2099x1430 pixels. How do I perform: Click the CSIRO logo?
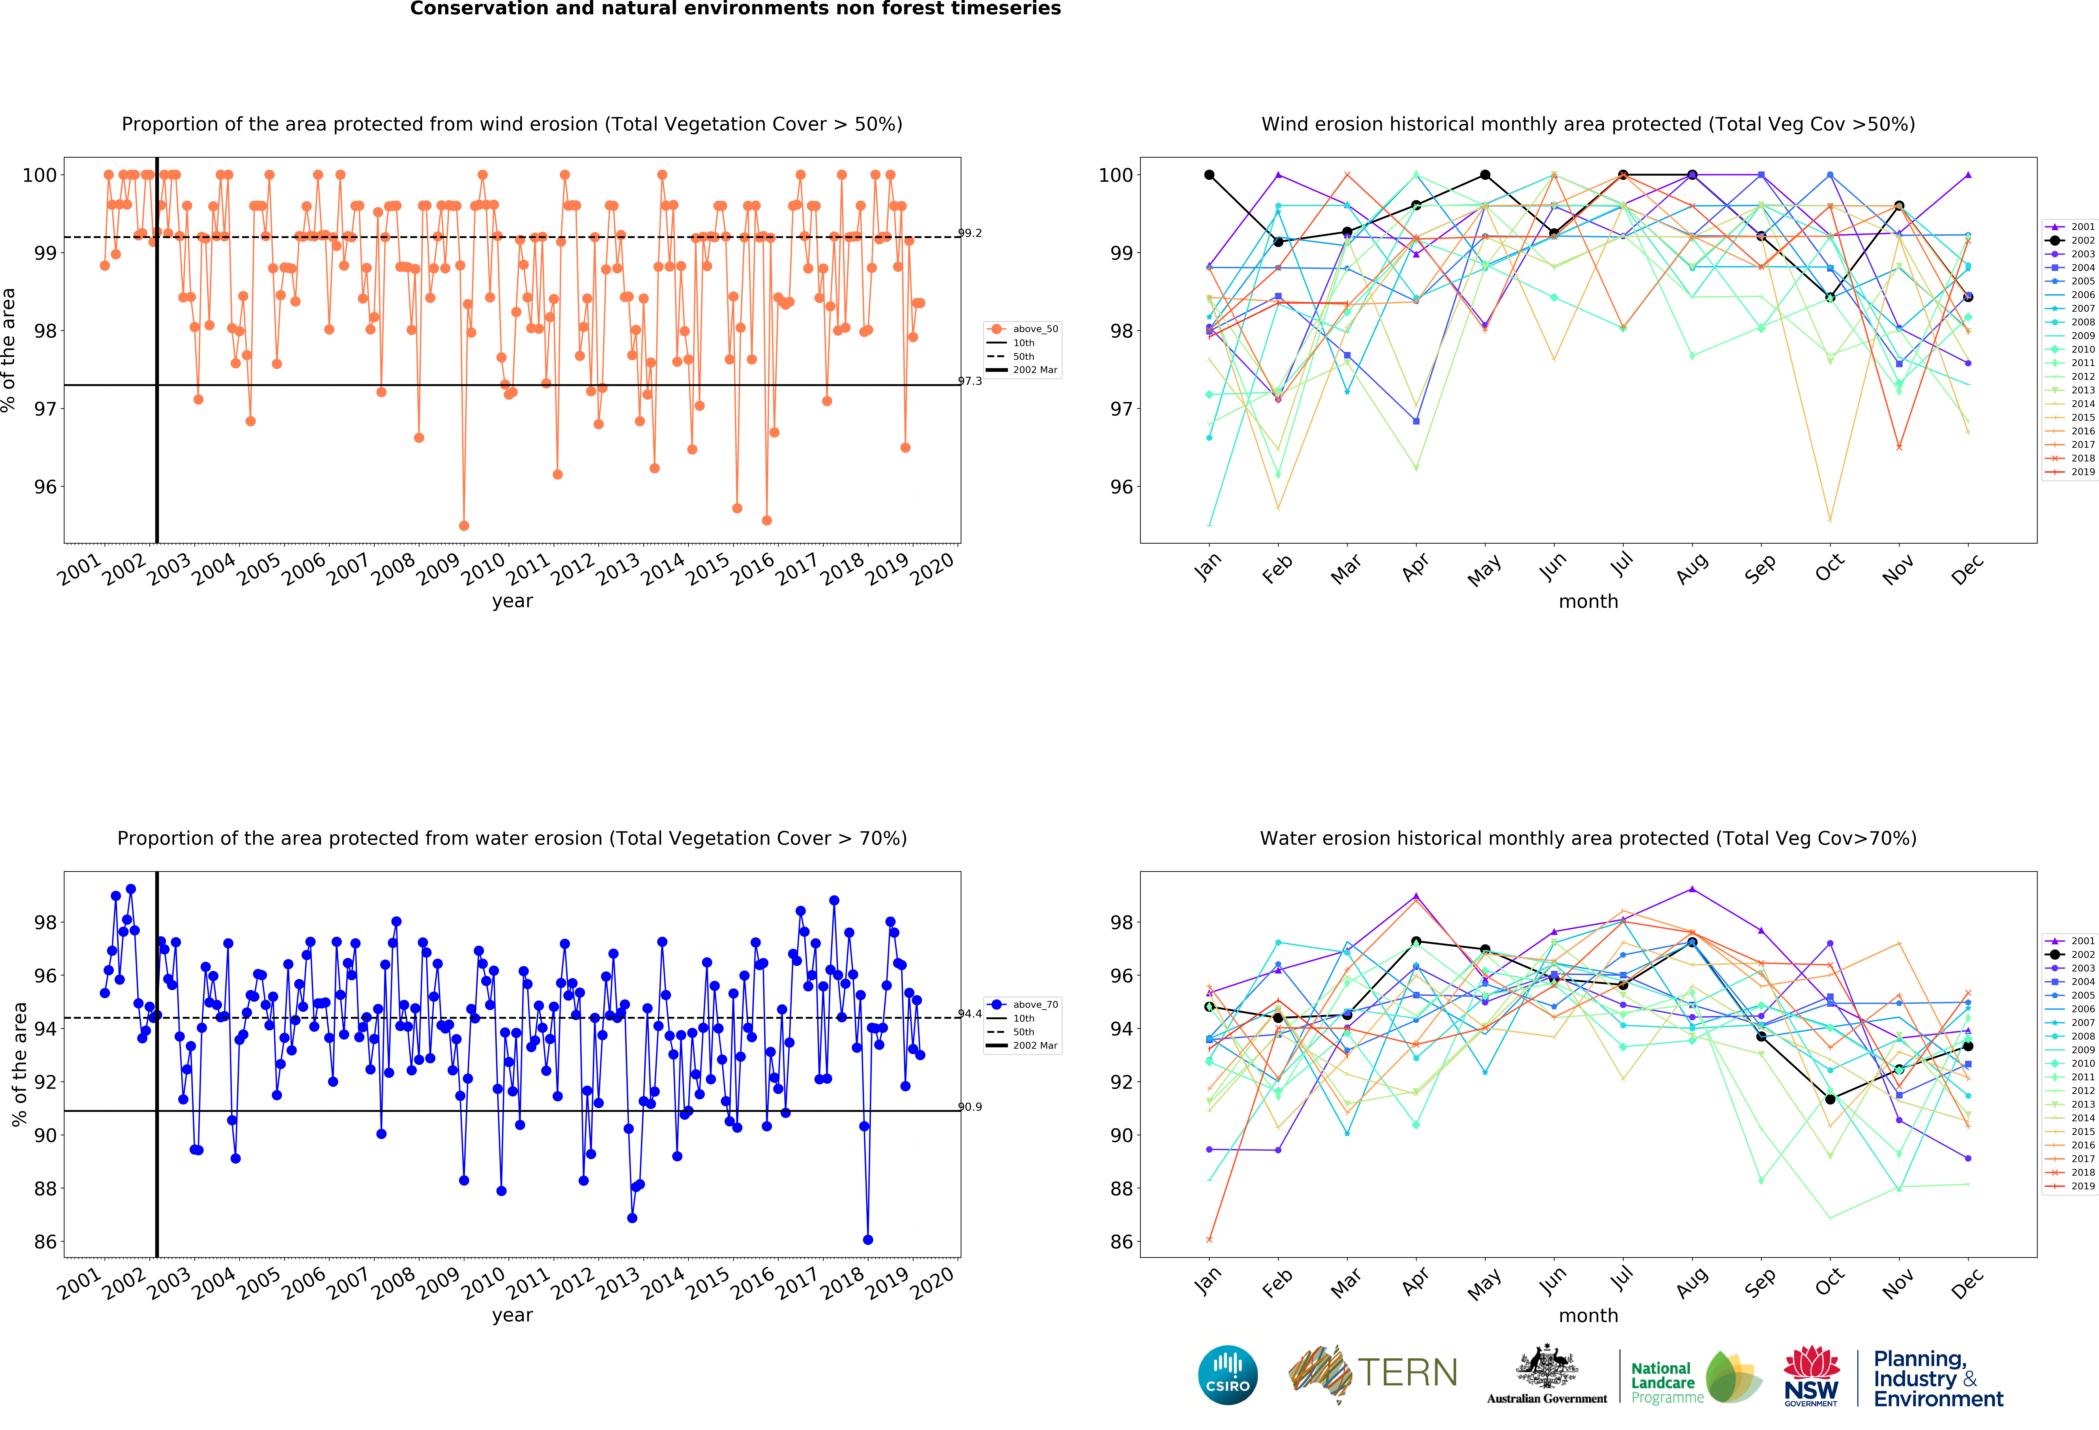pos(1227,1375)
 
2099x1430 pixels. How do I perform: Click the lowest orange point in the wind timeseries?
pos(464,525)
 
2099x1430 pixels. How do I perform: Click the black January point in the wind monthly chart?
pos(1209,175)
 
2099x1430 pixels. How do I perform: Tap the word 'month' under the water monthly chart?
pos(1588,1315)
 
